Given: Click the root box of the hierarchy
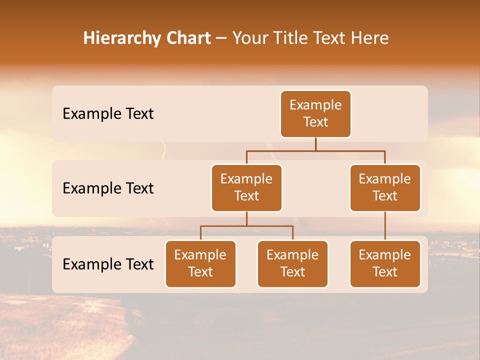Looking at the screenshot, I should point(315,113).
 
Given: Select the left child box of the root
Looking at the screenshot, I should point(246,187).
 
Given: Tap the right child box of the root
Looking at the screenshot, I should point(385,187).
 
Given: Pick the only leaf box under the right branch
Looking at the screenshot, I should point(385,263).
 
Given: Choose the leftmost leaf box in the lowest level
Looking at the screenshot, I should point(200,263).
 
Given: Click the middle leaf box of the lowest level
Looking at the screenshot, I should point(292,263).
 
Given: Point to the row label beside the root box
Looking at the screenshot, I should point(108,114).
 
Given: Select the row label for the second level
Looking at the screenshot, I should point(108,188).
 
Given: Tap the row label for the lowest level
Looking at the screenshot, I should point(108,264).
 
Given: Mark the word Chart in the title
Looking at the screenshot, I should point(189,38).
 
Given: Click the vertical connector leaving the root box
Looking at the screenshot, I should point(315,144).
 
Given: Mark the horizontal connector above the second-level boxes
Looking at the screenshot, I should point(315,150).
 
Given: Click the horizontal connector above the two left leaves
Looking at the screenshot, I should point(246,226).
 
